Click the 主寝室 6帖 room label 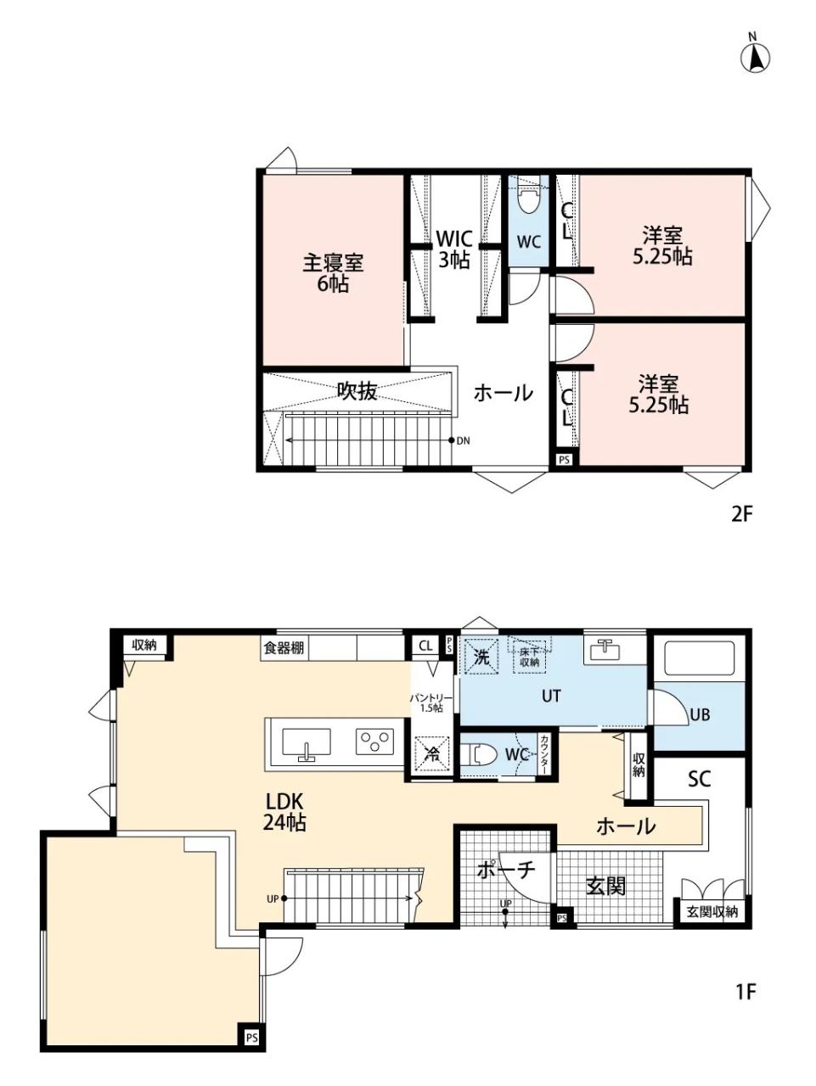click(333, 273)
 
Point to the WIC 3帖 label click(454, 249)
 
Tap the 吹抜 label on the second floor click(357, 391)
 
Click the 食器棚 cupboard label click(284, 647)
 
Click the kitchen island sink click(307, 743)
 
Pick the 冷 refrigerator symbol click(433, 754)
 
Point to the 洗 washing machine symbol click(479, 657)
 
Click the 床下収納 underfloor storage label click(529, 657)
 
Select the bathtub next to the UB click(699, 658)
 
